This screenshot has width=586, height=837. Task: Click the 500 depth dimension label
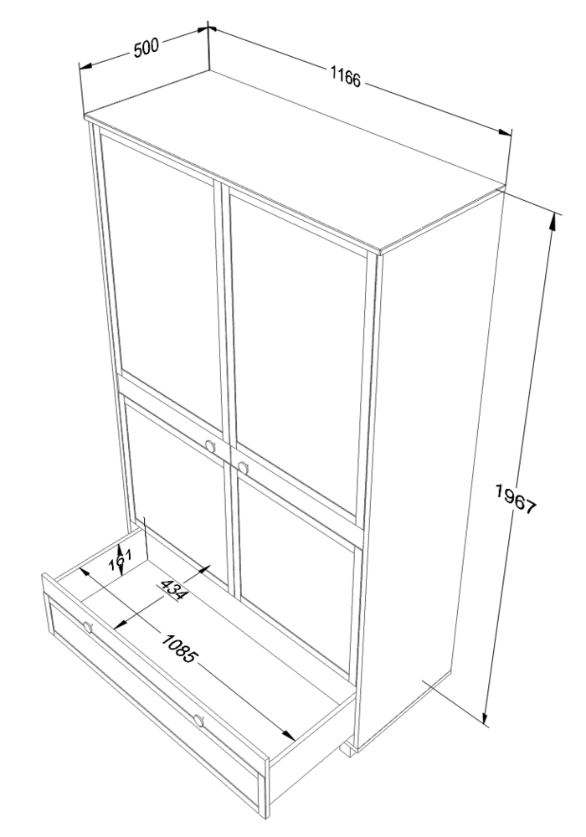pos(146,48)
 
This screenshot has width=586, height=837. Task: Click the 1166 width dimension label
pos(345,77)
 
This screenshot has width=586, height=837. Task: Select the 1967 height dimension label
pos(515,499)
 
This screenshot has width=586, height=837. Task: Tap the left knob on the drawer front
pos(88,627)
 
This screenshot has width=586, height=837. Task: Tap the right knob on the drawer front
pos(199,721)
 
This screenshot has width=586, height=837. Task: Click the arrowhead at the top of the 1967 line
pos(553,224)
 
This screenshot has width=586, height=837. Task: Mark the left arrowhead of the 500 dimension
pos(86,66)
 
